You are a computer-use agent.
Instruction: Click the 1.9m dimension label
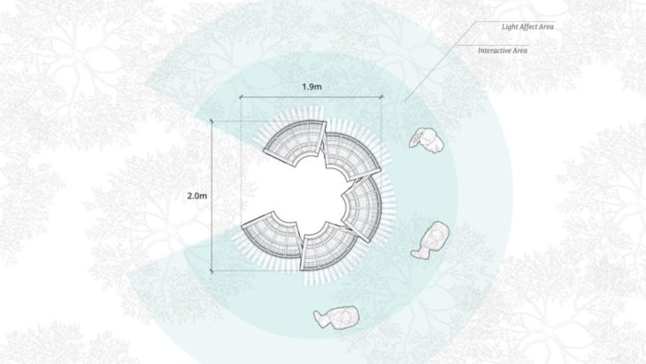point(311,87)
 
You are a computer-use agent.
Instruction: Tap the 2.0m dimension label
point(197,197)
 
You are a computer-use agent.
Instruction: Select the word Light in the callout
point(509,27)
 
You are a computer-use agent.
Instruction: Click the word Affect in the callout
point(528,27)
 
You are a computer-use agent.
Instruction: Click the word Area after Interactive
point(520,50)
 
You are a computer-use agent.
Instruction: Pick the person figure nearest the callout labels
point(427,140)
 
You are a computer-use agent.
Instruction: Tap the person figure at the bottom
point(336,317)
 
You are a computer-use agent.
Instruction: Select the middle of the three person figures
point(431,240)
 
